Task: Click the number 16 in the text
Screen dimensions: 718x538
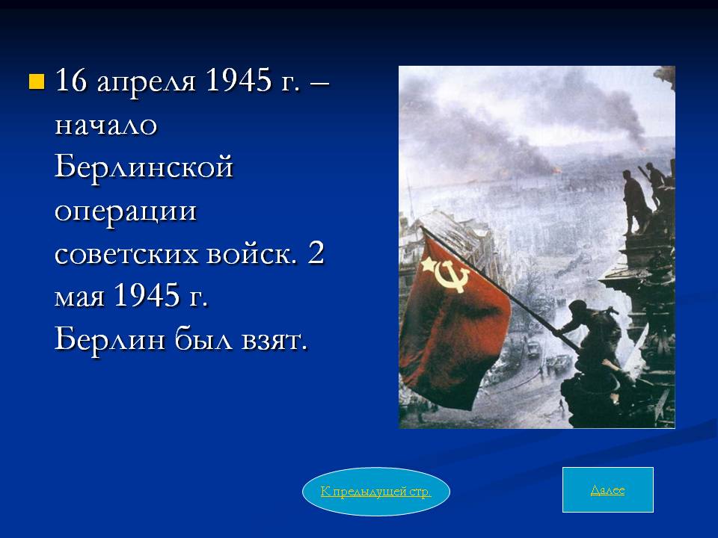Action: pyautogui.click(x=70, y=80)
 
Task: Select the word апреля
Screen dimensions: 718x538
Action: pyautogui.click(x=146, y=82)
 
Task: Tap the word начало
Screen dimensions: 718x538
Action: pyautogui.click(x=105, y=125)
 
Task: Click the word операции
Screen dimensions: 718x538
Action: pyautogui.click(x=126, y=212)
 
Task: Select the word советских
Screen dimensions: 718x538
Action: pyautogui.click(x=126, y=254)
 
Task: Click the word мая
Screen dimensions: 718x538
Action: pyautogui.click(x=80, y=297)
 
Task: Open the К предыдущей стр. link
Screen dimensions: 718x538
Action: pyautogui.click(x=376, y=492)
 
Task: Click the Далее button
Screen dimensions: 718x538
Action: pyautogui.click(x=607, y=489)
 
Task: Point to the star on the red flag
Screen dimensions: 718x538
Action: pyautogui.click(x=429, y=265)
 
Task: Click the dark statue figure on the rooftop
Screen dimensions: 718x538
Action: pyautogui.click(x=636, y=201)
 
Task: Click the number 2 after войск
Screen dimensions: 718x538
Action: pyautogui.click(x=316, y=253)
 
